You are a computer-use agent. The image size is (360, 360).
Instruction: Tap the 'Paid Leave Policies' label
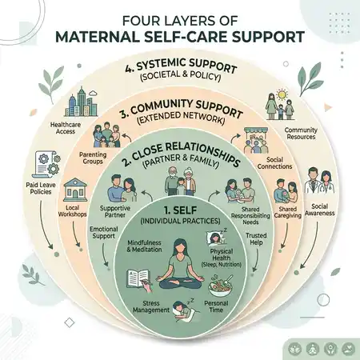click(41, 188)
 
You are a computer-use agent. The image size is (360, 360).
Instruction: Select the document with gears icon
click(46, 164)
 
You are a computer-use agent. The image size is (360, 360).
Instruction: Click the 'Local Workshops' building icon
click(75, 190)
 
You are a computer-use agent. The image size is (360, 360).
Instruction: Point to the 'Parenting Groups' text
click(93, 158)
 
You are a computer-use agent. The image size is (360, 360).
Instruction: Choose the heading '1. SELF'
click(181, 210)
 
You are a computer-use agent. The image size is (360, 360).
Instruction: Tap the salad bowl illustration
click(220, 286)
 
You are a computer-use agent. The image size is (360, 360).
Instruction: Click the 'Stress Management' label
click(151, 306)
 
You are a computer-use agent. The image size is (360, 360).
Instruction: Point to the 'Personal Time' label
click(216, 306)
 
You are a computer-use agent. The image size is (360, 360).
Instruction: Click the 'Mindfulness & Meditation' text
click(144, 246)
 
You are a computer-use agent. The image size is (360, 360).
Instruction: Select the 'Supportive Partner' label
click(115, 211)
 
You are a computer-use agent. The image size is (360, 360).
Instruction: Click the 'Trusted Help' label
click(256, 239)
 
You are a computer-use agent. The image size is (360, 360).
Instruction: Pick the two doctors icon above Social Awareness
click(320, 181)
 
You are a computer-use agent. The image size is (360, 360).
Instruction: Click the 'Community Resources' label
click(301, 134)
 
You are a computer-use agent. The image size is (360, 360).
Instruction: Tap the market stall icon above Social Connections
click(256, 140)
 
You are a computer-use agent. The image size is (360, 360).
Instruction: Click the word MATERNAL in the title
click(98, 37)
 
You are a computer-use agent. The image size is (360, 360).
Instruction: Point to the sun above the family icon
click(281, 94)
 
